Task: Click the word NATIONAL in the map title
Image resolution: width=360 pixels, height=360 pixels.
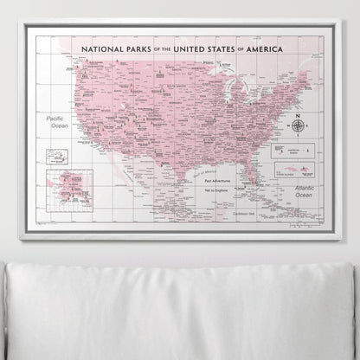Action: pyautogui.click(x=101, y=50)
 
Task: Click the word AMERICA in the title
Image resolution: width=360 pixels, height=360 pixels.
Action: pyautogui.click(x=280, y=50)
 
